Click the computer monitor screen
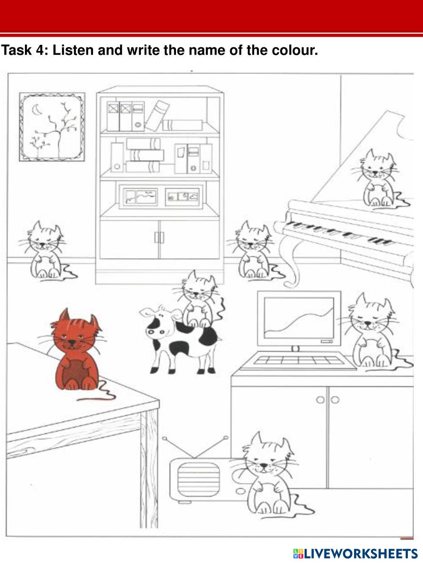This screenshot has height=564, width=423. point(299,319)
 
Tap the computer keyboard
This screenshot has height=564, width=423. point(299,360)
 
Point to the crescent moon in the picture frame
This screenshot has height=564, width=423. point(36,110)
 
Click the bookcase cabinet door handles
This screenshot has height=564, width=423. point(159,237)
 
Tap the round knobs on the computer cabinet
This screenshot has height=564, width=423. point(328,400)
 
